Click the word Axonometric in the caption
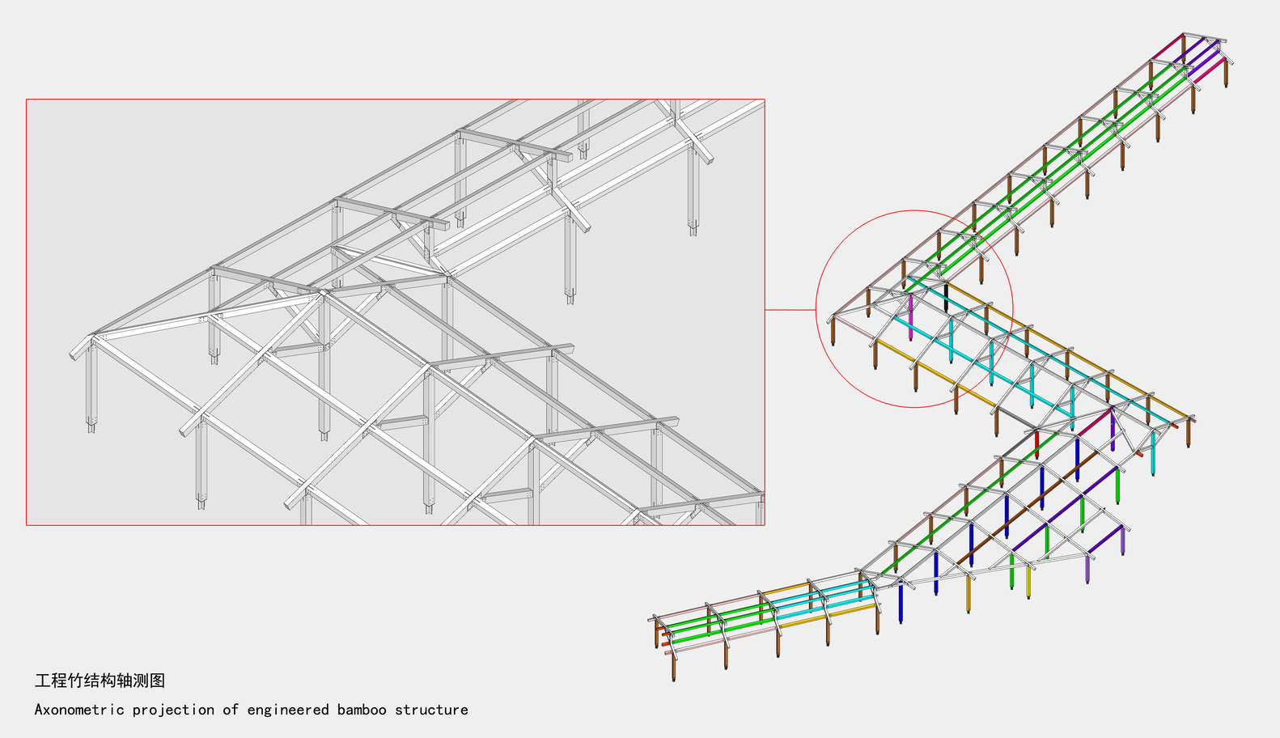(x=79, y=710)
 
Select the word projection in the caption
(x=174, y=710)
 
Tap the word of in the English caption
(x=231, y=710)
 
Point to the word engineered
(x=288, y=710)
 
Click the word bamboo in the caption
(x=362, y=710)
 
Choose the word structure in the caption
(x=431, y=710)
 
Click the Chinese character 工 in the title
(x=43, y=681)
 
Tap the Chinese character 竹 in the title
(x=75, y=681)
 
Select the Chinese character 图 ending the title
(x=157, y=681)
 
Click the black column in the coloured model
(x=946, y=298)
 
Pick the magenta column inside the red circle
(x=910, y=317)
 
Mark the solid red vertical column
(x=1036, y=444)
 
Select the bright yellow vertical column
(x=1028, y=582)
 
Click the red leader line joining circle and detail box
(x=790, y=310)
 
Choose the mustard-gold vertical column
(x=968, y=594)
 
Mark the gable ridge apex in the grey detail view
(x=94, y=337)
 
